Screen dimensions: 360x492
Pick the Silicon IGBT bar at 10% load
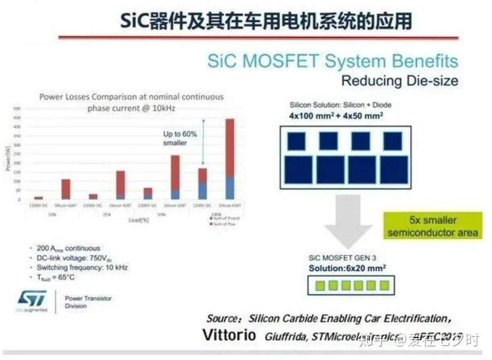pos(66,189)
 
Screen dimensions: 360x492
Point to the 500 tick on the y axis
pos(17,109)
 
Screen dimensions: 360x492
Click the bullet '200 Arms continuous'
pos(68,248)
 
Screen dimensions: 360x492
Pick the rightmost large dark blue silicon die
pos(393,170)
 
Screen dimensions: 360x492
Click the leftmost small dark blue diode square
pos(296,141)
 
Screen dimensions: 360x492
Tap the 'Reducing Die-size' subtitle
pos(399,82)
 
